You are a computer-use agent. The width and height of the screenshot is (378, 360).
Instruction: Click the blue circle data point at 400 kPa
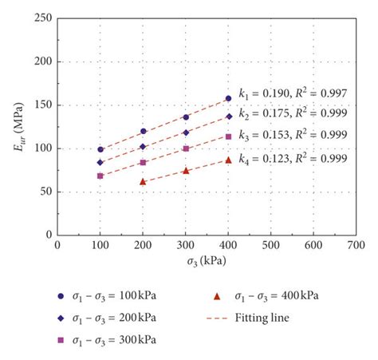(x=229, y=98)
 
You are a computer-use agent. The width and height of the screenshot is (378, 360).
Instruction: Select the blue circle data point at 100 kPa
(x=100, y=149)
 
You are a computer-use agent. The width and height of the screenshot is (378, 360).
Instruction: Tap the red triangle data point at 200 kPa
(x=143, y=181)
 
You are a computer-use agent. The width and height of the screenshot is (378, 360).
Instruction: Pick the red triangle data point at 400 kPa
(x=229, y=160)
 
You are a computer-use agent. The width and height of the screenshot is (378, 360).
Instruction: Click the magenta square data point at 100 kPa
(x=100, y=176)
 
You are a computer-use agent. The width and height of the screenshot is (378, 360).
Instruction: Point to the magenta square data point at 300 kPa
(x=186, y=148)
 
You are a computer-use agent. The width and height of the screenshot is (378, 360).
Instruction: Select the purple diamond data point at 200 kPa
(x=143, y=146)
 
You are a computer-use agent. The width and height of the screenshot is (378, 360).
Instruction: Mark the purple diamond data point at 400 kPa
(x=229, y=117)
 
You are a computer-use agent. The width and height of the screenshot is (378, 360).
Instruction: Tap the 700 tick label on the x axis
(x=357, y=247)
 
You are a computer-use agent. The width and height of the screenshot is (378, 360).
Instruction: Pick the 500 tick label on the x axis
(x=271, y=247)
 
